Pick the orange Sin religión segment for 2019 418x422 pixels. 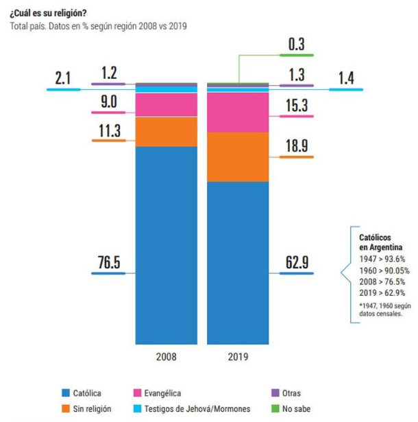click(x=238, y=156)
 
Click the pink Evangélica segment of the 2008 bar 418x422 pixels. click(x=167, y=105)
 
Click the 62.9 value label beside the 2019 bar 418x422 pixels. click(x=297, y=263)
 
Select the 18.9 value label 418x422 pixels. click(x=297, y=146)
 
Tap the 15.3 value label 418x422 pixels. click(x=297, y=106)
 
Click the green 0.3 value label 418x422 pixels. click(x=297, y=44)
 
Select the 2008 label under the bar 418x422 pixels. click(x=167, y=357)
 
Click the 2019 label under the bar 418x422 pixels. click(x=238, y=357)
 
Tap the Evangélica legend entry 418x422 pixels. click(x=162, y=393)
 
